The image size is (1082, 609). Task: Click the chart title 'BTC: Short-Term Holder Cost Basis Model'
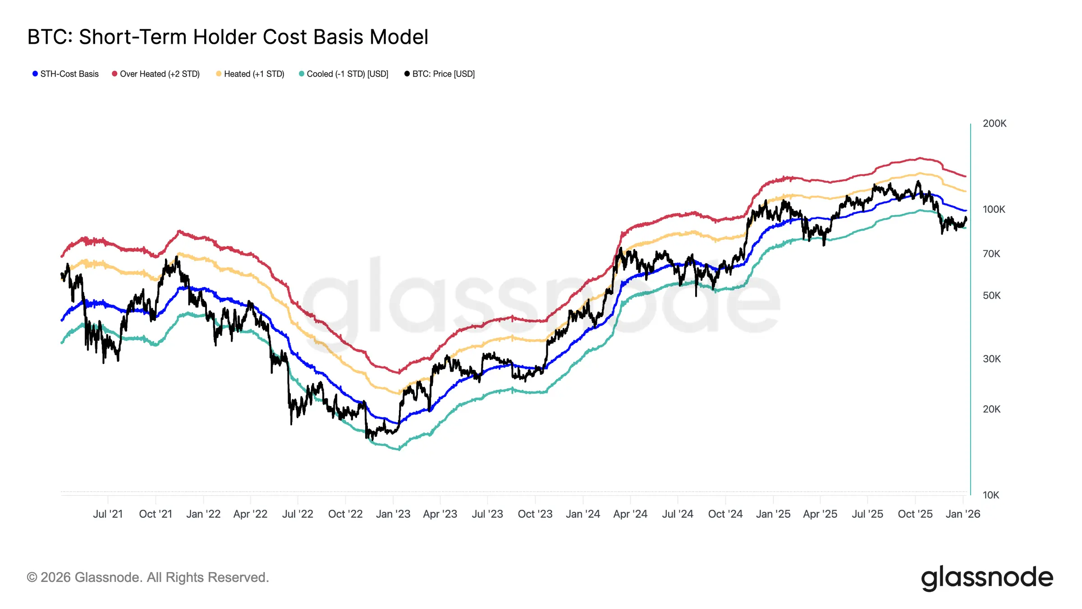[x=228, y=37]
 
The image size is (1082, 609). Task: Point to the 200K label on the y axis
[x=994, y=124]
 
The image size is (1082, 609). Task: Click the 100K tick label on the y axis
[x=994, y=209]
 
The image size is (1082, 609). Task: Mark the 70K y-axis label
[x=991, y=254]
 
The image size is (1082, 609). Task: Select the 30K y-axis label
[x=991, y=359]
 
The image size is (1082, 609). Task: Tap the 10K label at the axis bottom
[x=990, y=495]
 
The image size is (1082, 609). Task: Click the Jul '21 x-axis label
[x=108, y=514]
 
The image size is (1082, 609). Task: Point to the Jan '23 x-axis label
[x=393, y=514]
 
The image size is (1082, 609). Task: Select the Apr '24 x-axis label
[x=630, y=514]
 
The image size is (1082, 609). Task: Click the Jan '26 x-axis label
[x=963, y=514]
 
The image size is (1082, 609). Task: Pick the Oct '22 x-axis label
[x=345, y=514]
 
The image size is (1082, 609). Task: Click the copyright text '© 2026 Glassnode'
[x=148, y=577]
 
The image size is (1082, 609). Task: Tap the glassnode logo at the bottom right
[x=986, y=578]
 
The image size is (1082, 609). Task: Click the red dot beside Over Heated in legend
[x=115, y=74]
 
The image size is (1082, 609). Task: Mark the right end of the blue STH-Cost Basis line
[x=965, y=211]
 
